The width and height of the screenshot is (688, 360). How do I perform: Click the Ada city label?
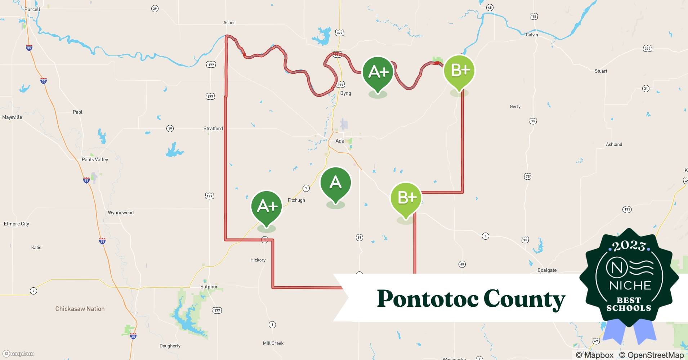point(340,141)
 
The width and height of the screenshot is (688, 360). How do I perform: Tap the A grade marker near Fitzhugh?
point(335,183)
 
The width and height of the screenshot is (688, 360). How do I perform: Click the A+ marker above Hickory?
point(267,207)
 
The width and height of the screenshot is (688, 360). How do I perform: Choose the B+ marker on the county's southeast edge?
point(406,198)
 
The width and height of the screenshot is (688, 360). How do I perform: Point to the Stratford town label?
point(213,129)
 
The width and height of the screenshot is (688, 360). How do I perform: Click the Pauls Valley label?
point(95,159)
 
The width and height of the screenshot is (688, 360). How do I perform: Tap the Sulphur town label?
point(209,287)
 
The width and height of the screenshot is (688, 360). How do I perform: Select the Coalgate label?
point(547,270)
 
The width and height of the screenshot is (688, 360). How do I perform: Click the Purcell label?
point(32,9)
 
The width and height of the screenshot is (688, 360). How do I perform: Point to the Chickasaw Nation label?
point(80,309)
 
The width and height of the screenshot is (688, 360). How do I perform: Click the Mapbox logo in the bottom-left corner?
point(18,354)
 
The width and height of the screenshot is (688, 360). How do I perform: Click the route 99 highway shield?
point(359,237)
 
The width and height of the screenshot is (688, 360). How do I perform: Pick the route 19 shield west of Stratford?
point(170,129)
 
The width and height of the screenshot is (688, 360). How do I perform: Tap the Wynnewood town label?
point(121,212)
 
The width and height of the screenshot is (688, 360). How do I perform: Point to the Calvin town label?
point(532,35)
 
